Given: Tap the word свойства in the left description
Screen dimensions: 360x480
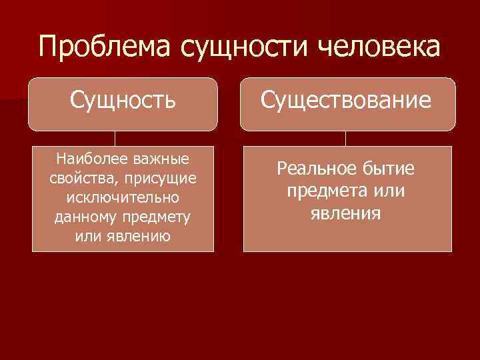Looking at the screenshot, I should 78,178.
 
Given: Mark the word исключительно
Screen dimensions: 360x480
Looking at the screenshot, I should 123,198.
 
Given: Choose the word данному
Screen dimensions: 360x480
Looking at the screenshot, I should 83,217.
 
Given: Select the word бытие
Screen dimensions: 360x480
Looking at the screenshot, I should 387,169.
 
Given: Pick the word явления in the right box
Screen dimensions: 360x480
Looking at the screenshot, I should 345,213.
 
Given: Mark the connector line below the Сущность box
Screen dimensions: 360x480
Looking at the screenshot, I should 115,138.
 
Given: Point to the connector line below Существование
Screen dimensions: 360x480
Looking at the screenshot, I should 345,138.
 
